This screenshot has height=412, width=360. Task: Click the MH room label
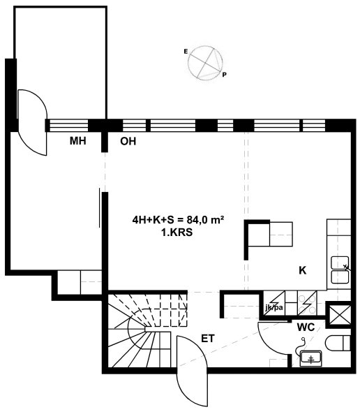click(77, 141)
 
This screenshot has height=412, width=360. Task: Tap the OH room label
click(128, 141)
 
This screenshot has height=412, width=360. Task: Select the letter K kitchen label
click(303, 270)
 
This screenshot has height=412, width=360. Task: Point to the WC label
click(306, 328)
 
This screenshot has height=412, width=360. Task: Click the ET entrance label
click(208, 339)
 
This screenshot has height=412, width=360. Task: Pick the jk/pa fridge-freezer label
click(274, 307)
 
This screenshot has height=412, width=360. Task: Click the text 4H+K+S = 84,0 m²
click(178, 220)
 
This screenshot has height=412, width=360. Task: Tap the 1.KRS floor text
click(177, 233)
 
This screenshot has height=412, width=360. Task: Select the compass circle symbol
click(205, 63)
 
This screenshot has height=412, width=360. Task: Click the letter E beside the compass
click(186, 52)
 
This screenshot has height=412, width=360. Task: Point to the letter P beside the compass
click(224, 75)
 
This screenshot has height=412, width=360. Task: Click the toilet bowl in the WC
click(338, 343)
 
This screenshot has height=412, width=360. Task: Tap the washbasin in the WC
click(310, 358)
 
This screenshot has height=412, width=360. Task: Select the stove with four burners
click(307, 303)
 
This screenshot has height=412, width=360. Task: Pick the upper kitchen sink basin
click(340, 263)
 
